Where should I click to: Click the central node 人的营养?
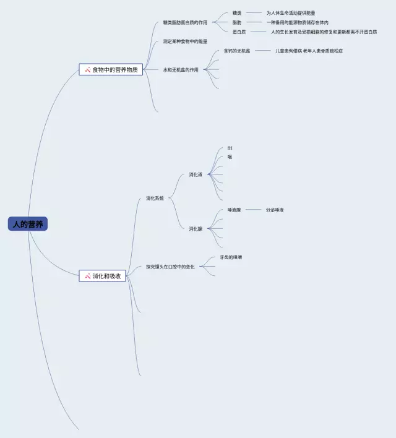pos(28,224)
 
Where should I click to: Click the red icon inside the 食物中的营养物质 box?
pos(88,70)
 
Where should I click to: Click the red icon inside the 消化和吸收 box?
pos(88,276)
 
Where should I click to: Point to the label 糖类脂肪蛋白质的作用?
pos(185,22)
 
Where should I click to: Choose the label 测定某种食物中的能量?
pos(185,41)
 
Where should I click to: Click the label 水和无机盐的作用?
pos(181,70)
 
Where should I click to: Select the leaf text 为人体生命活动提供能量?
pos(291,13)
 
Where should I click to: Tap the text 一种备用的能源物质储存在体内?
pos(297,22)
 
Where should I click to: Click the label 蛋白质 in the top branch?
pos(239,32)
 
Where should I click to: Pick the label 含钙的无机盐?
pos(237,51)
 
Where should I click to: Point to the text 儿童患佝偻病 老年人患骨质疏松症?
pos(309,51)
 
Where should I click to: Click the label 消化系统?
pos(155,199)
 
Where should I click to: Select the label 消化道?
pos(196,174)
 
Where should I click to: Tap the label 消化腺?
pos(196,229)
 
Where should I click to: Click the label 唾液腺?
pos(234,210)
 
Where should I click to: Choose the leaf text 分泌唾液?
pos(275,210)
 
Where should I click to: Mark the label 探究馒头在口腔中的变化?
pos(170,267)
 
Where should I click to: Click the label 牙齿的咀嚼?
pos(231,257)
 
